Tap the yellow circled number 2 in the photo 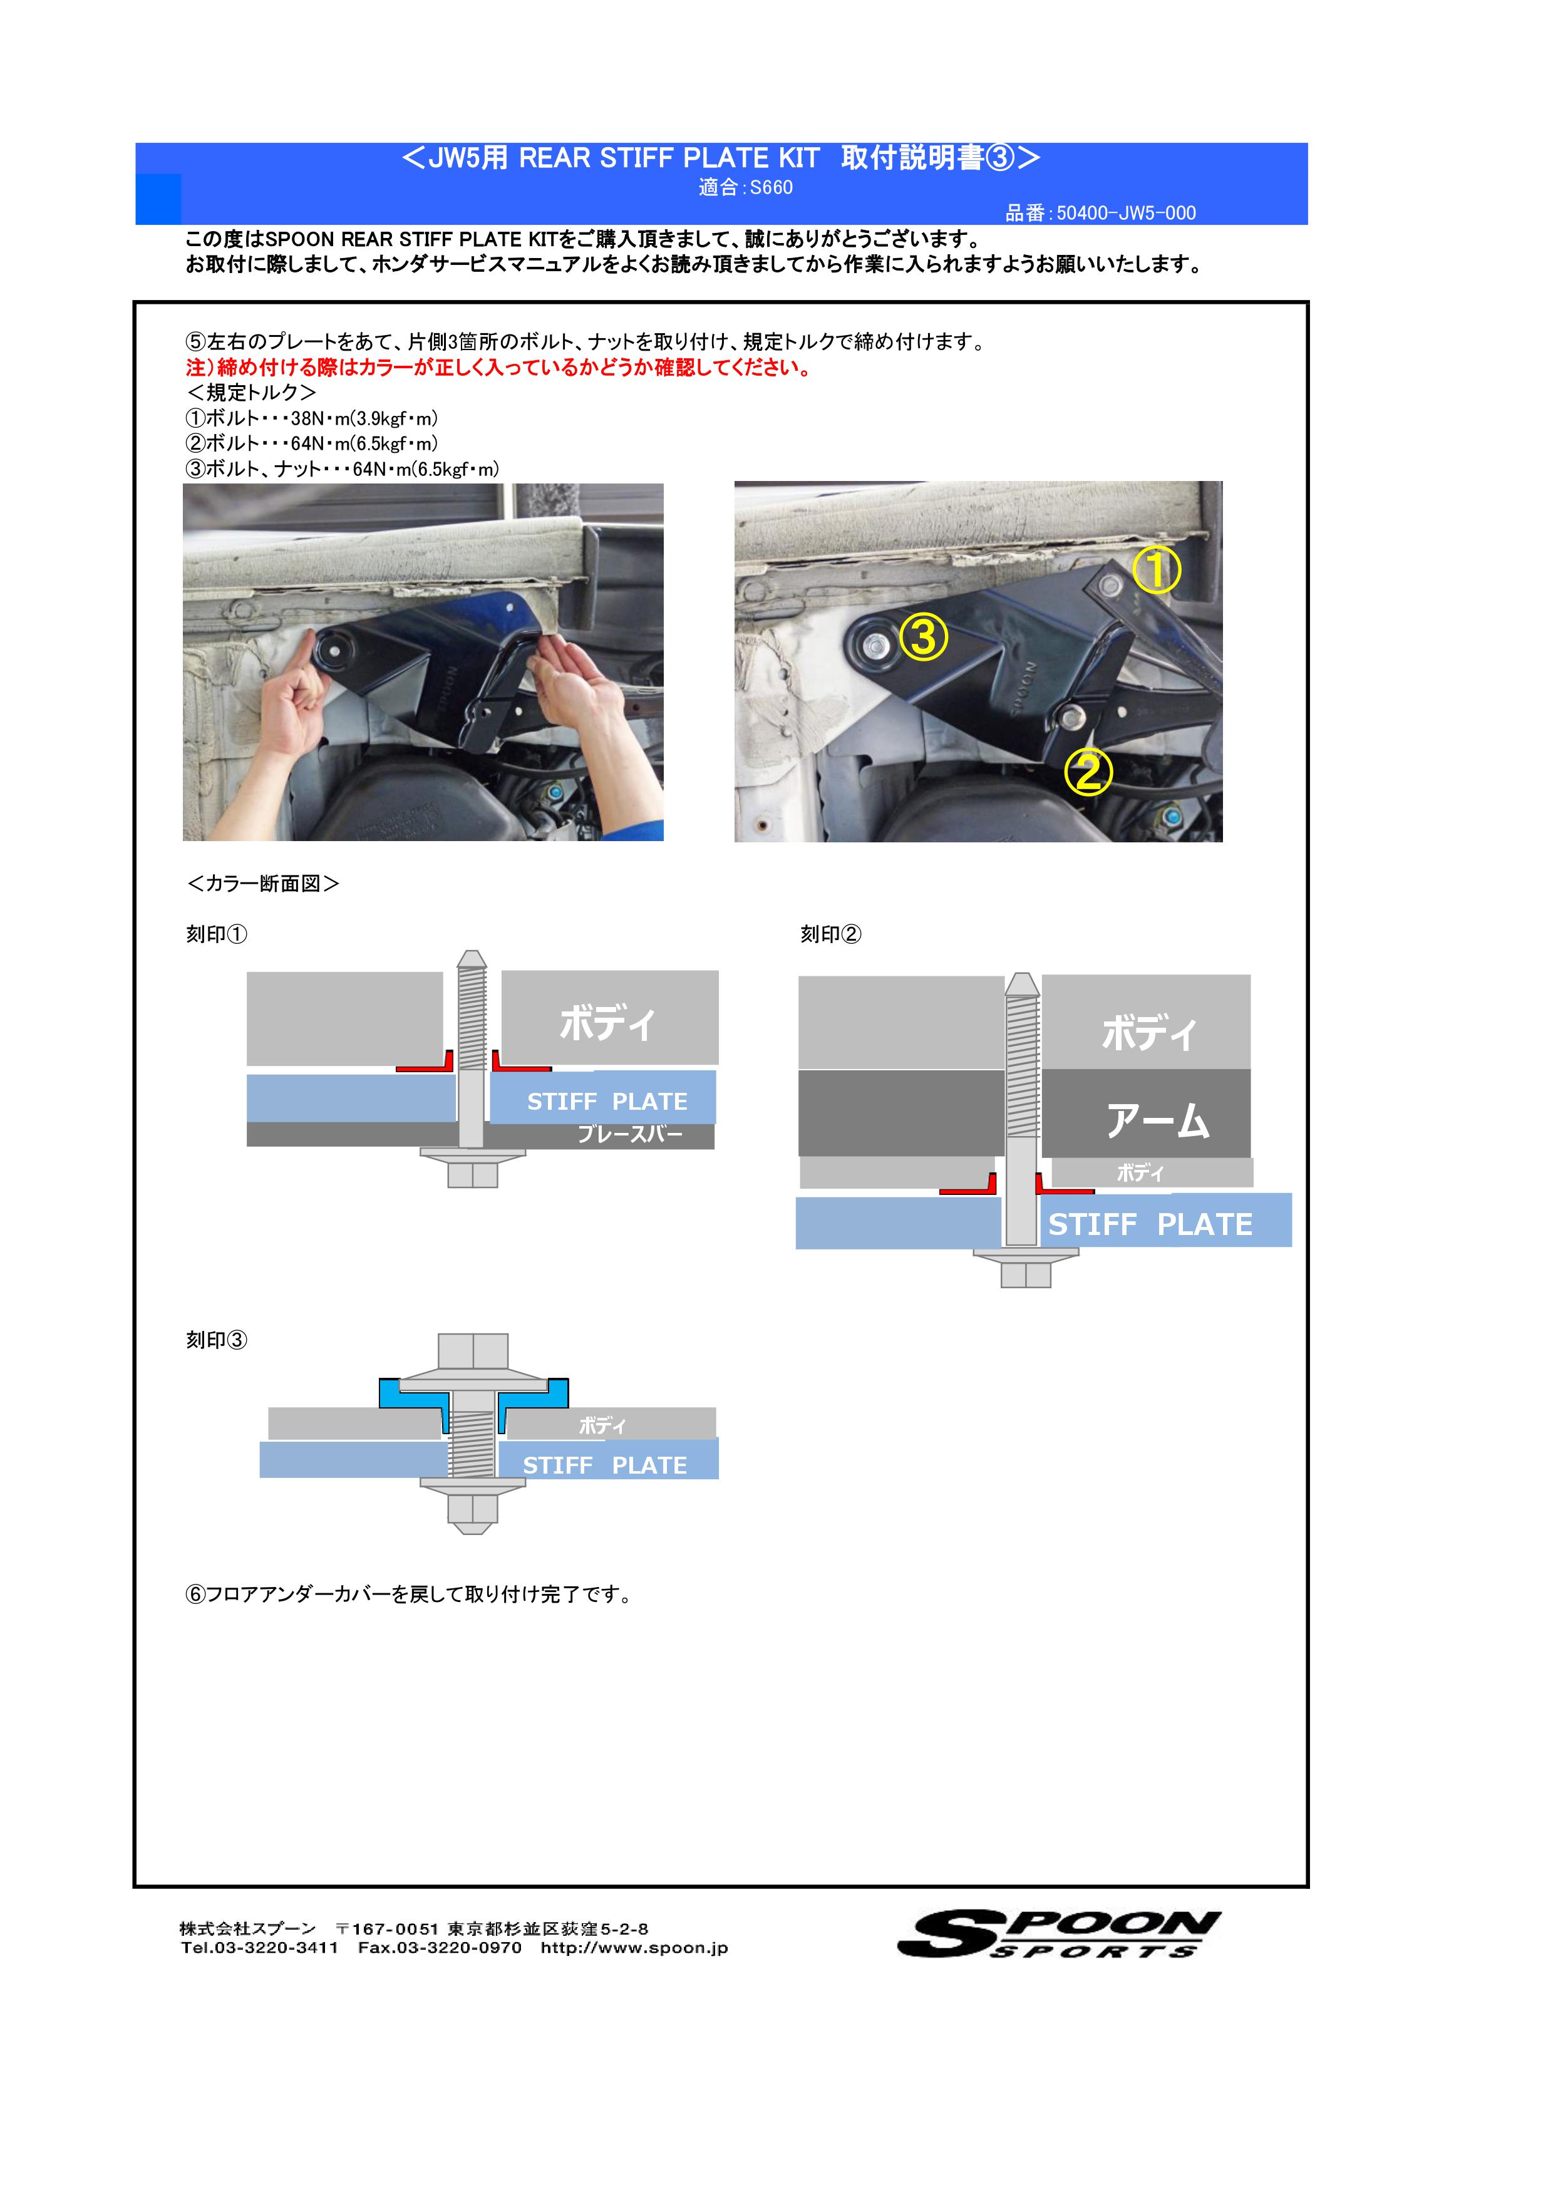click(x=1088, y=771)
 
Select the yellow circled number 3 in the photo click(x=924, y=638)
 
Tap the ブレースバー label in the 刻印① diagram click(x=629, y=1135)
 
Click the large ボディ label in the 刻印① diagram click(x=607, y=1022)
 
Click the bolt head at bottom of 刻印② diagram click(x=1026, y=1273)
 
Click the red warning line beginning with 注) click(x=498, y=368)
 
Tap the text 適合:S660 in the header click(x=745, y=187)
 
